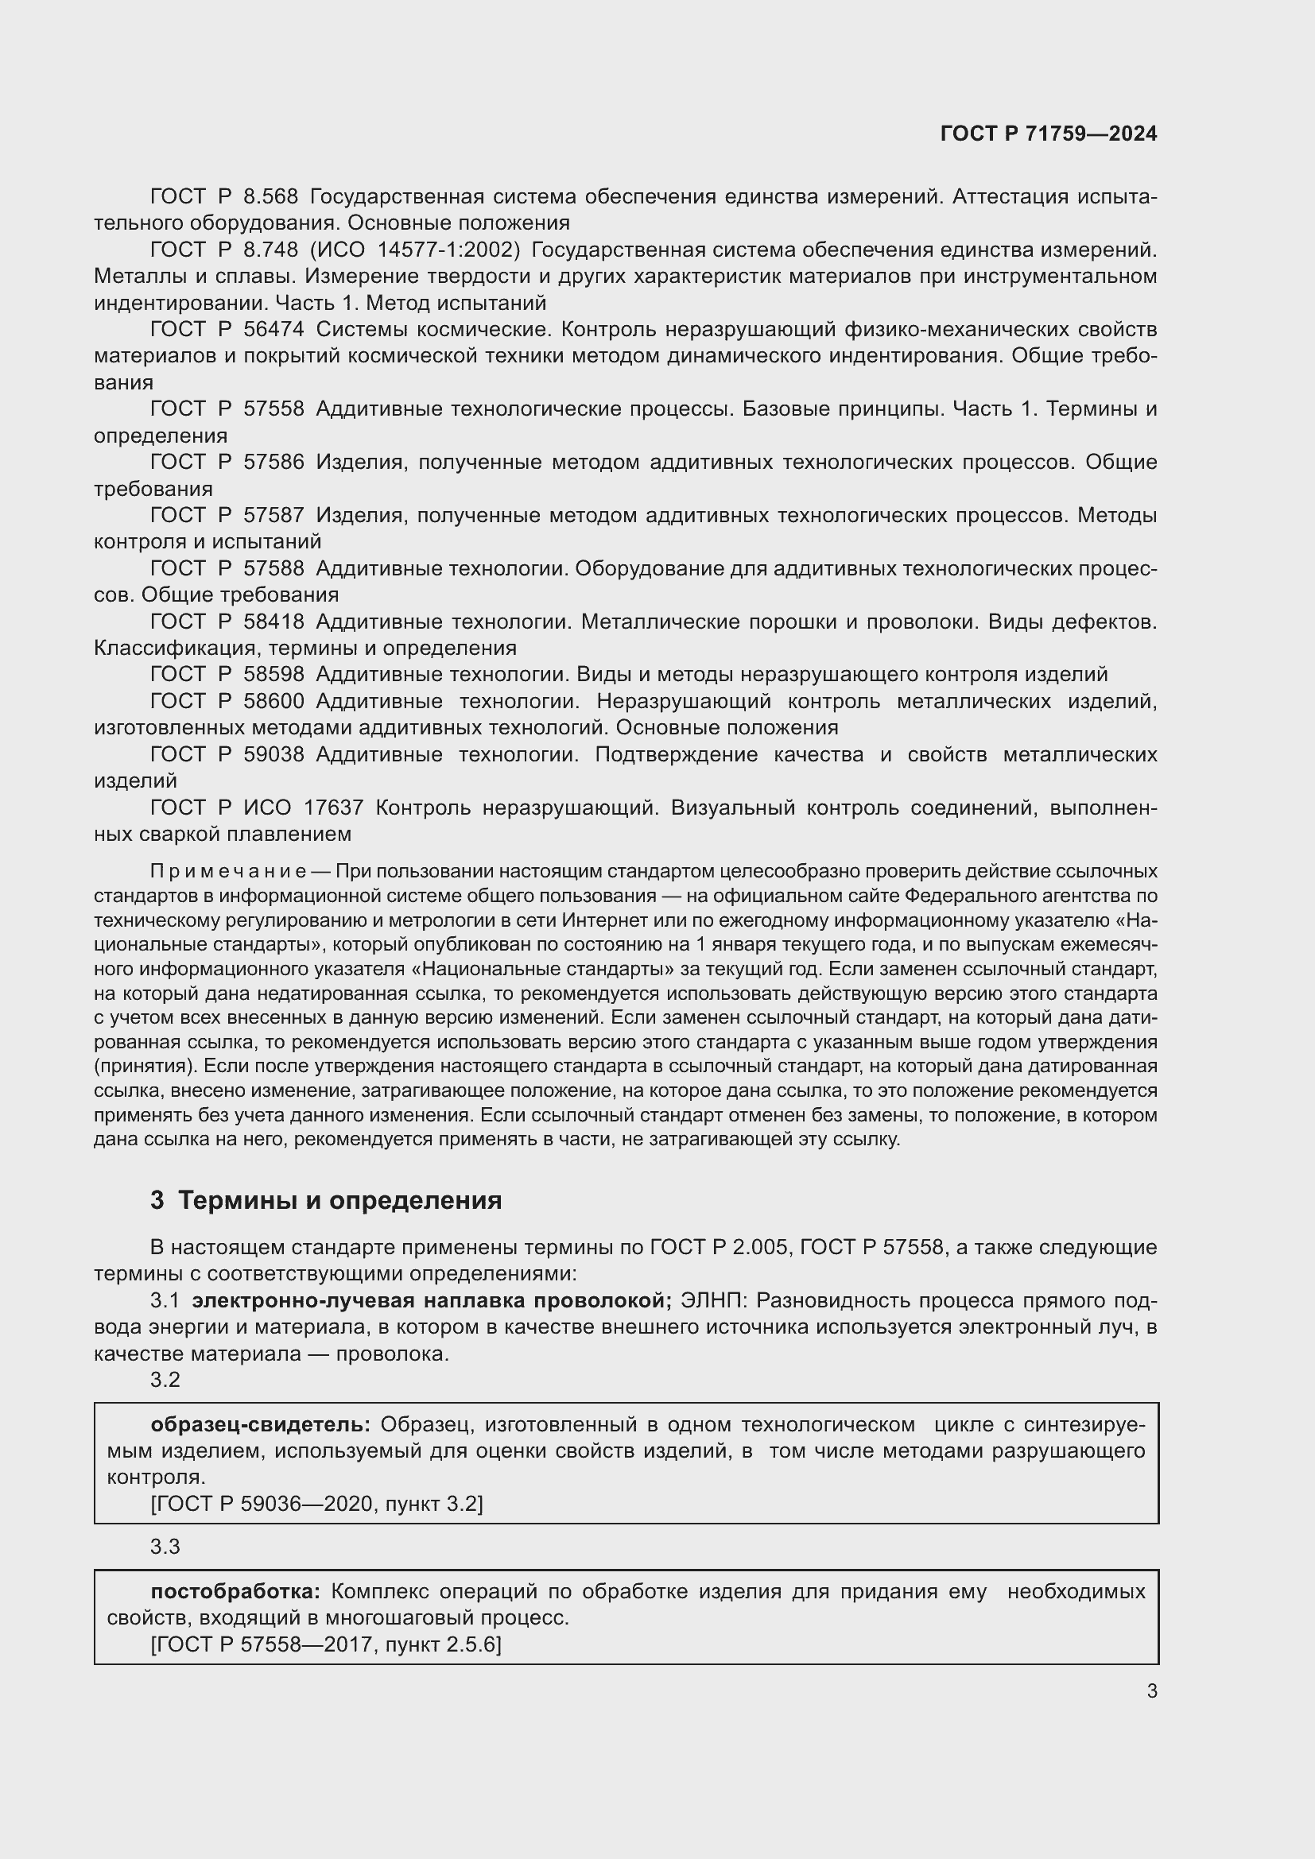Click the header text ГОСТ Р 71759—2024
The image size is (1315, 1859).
coord(1048,134)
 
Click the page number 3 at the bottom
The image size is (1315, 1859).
coord(1151,1691)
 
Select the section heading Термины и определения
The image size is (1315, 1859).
coord(339,1200)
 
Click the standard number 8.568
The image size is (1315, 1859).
coord(270,197)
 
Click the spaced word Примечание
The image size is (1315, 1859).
coord(227,871)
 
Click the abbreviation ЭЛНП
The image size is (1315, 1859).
coord(716,1300)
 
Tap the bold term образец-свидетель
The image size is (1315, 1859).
coord(260,1424)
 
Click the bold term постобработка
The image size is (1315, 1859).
coord(235,1591)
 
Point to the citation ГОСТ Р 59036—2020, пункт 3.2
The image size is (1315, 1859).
coord(316,1504)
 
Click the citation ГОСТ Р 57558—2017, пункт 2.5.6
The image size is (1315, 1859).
coord(325,1644)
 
